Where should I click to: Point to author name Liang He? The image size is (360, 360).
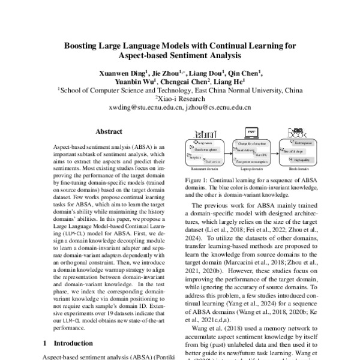(230, 82)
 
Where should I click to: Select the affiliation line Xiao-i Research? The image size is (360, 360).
(179, 100)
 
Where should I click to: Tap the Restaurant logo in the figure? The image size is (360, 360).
(200, 133)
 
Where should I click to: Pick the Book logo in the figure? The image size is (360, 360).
(298, 133)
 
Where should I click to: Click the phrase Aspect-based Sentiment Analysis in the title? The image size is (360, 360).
(180, 56)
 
